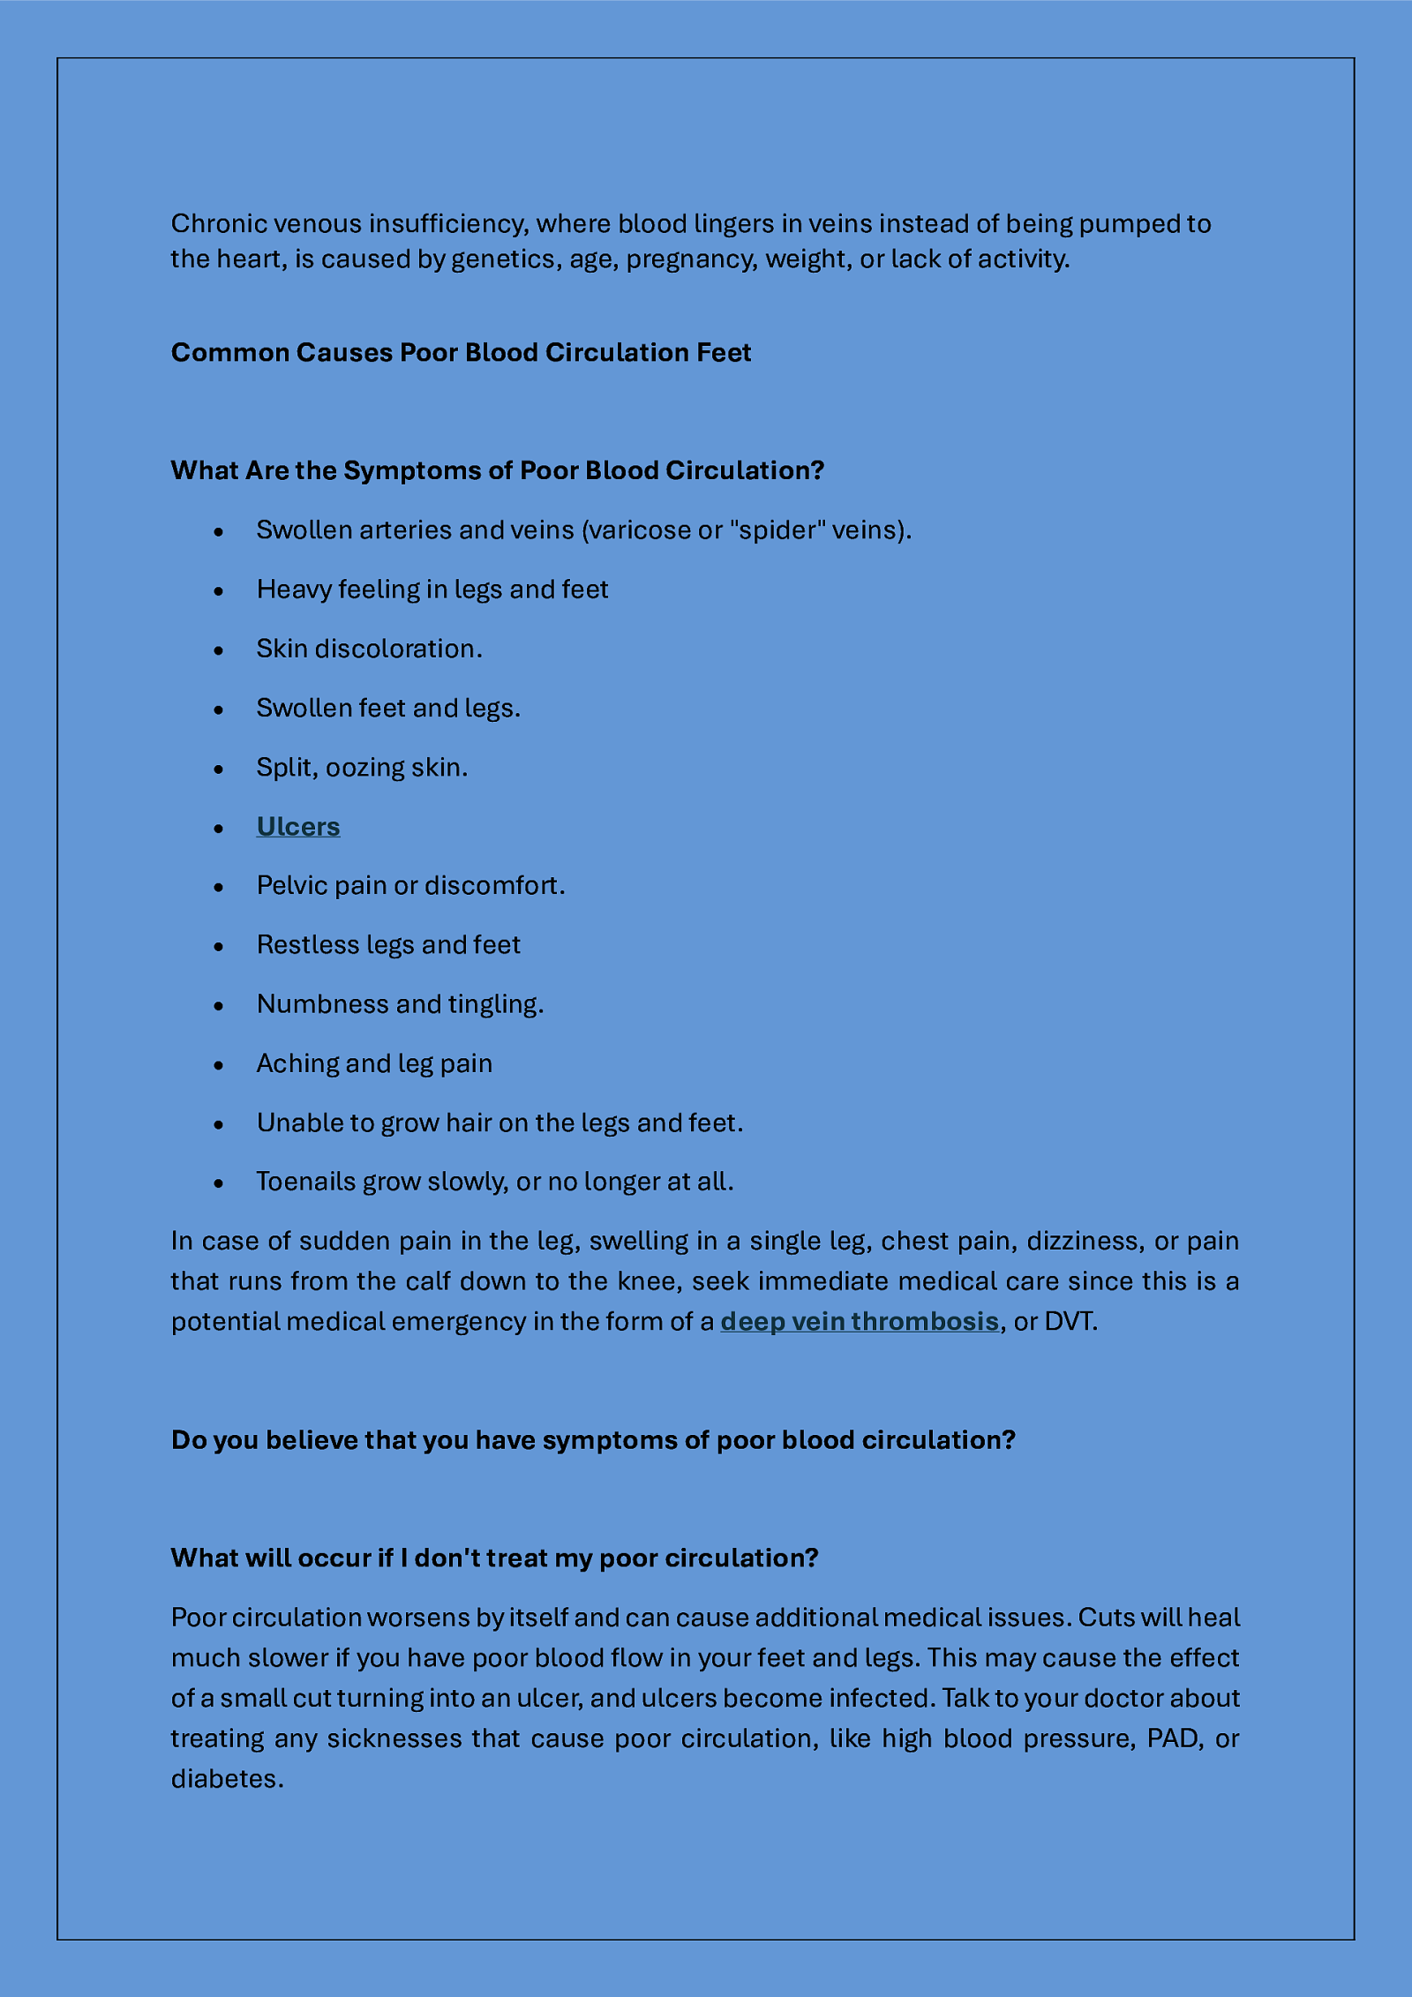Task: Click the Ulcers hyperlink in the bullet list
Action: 298,827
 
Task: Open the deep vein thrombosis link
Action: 859,1321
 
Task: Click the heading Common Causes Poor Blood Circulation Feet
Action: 461,352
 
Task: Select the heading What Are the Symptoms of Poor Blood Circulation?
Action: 497,470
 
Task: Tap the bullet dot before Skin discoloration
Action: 219,650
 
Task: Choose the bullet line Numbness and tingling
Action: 400,1004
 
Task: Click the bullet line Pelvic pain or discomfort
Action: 410,885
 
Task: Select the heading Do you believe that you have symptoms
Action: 593,1439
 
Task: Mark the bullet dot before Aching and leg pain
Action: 219,1065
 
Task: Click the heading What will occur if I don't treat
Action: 494,1558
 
